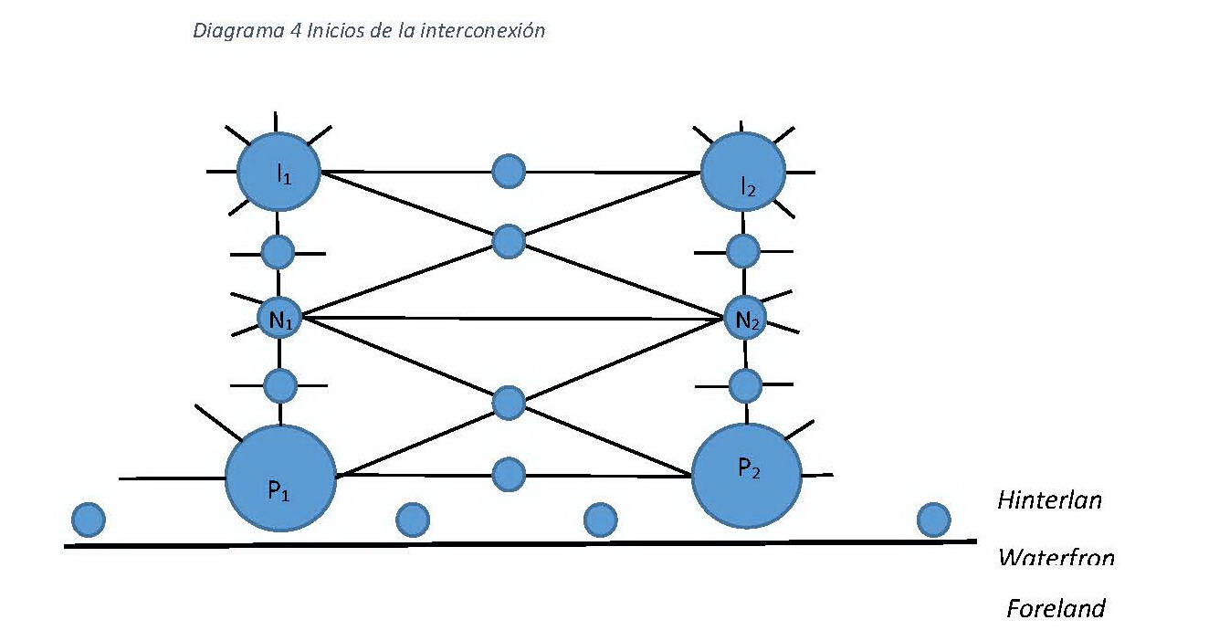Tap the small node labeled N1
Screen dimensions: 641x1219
(278, 319)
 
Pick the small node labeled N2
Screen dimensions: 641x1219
(744, 319)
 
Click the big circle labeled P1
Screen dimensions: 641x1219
(279, 478)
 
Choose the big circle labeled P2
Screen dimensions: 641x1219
(746, 475)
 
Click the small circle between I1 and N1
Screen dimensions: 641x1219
(278, 251)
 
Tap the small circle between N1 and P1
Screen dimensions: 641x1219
(279, 385)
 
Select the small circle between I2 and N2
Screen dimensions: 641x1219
(743, 250)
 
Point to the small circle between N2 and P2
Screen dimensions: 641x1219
(746, 385)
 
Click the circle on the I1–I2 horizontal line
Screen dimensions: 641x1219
(509, 170)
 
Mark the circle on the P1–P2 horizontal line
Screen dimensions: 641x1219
(509, 475)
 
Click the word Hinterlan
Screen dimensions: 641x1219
(1049, 500)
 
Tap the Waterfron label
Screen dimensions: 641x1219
(1056, 556)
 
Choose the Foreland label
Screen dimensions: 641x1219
(1056, 608)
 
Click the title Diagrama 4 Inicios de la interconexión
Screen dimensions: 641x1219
(368, 30)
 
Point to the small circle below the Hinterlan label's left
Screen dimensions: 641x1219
(933, 520)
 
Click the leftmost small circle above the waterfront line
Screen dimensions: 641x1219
(89, 520)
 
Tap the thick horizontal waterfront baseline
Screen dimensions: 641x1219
(520, 544)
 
